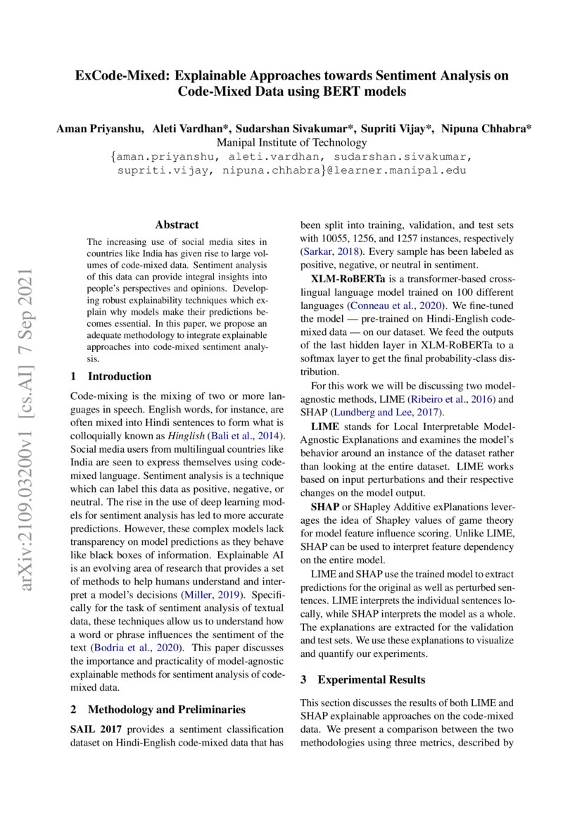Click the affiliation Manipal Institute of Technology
pyautogui.click(x=291, y=142)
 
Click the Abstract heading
pyautogui.click(x=177, y=225)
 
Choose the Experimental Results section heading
pyautogui.click(x=372, y=679)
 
